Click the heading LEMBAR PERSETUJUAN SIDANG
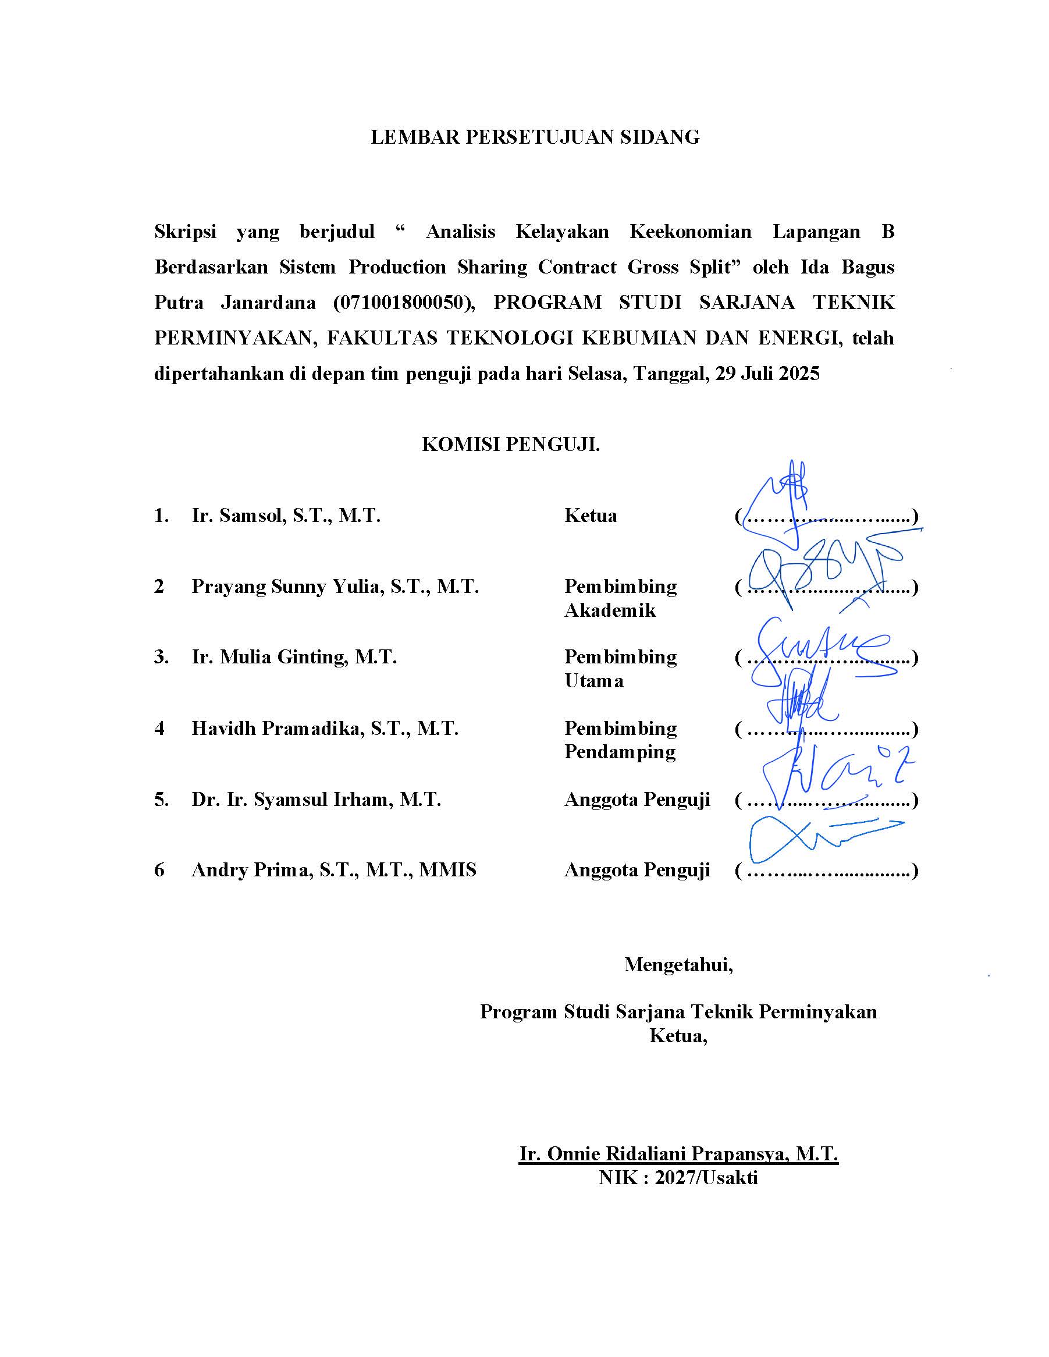tap(535, 137)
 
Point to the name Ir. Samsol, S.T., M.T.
tap(286, 516)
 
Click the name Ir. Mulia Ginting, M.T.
tap(294, 657)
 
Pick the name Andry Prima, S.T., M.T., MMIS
tap(333, 870)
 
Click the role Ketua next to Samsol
tap(591, 516)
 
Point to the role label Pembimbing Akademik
tap(620, 598)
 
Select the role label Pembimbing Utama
tap(620, 669)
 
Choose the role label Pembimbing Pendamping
tap(620, 740)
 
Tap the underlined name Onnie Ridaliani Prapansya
tap(678, 1154)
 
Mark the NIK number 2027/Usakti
tap(706, 1178)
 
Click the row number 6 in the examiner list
tap(159, 870)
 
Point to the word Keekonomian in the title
tap(690, 232)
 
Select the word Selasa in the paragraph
tap(595, 374)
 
